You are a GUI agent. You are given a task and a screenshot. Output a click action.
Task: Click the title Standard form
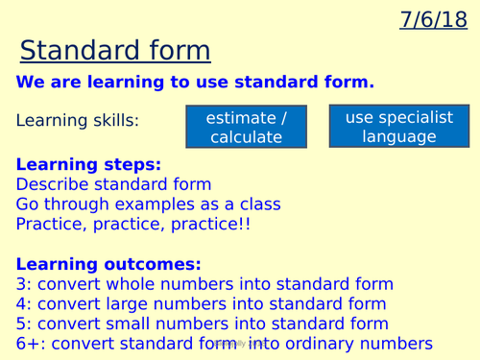tap(115, 51)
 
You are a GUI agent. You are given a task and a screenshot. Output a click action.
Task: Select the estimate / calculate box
tap(246, 127)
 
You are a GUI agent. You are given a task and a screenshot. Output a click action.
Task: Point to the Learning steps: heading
tap(89, 165)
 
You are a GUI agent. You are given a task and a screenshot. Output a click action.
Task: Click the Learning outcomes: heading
tap(108, 263)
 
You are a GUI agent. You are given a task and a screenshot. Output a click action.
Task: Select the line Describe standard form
tap(113, 184)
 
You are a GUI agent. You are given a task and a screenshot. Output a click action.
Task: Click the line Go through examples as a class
tap(148, 204)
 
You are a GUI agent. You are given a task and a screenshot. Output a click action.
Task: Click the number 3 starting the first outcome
tap(22, 284)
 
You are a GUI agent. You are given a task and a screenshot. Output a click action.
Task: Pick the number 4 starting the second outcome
tap(22, 303)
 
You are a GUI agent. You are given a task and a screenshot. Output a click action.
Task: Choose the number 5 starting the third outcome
tap(22, 324)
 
